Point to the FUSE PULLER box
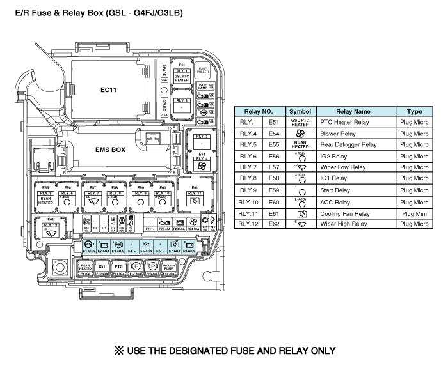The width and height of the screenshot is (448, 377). [203, 70]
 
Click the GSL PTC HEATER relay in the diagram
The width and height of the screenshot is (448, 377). [182, 75]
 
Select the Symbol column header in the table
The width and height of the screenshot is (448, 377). [300, 111]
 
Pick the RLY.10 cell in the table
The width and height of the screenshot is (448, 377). [248, 202]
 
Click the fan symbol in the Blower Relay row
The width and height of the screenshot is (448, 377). [300, 134]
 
